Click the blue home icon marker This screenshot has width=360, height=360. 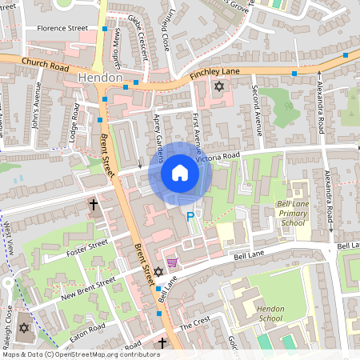pos(180,173)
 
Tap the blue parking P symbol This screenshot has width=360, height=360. pos(190,217)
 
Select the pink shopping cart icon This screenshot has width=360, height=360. pos(172,262)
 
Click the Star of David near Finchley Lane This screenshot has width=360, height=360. pos(218,86)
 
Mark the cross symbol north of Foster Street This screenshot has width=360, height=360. pos(93,206)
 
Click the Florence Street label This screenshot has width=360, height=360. pos(56,28)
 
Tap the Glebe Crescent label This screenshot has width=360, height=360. pos(138,38)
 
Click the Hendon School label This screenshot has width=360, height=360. pos(271,313)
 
